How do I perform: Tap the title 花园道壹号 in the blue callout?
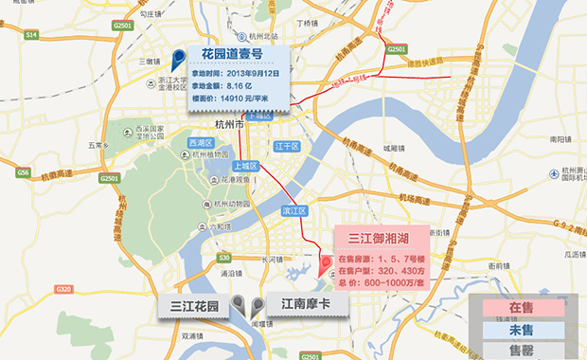[x=231, y=55]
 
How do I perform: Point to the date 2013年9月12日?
[x=247, y=72]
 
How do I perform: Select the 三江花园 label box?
[x=194, y=306]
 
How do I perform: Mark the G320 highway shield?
[x=64, y=289]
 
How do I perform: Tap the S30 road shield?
[x=223, y=257]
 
